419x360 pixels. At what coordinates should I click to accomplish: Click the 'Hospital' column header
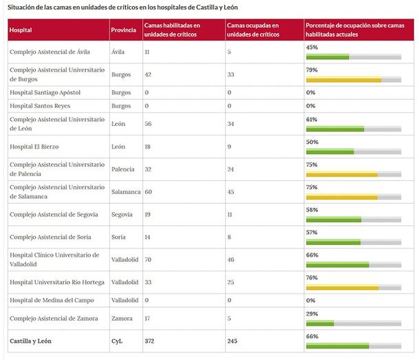click(x=21, y=30)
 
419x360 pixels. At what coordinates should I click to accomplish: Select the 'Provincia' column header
click(x=123, y=30)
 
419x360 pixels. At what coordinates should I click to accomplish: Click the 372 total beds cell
click(x=151, y=341)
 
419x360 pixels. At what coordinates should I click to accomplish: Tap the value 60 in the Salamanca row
click(x=148, y=191)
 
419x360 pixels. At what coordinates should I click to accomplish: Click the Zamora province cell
click(x=122, y=319)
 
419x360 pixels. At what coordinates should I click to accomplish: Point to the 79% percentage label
click(x=312, y=70)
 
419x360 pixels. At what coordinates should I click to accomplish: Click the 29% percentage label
click(x=312, y=314)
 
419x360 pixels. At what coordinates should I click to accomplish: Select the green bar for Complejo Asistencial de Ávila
click(x=327, y=56)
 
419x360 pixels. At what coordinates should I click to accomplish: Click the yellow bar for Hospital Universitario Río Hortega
click(x=342, y=288)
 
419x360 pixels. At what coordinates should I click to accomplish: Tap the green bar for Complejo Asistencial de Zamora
click(x=320, y=323)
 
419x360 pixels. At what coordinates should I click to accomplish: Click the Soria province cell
click(x=119, y=237)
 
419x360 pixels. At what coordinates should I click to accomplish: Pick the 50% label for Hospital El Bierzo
click(x=312, y=142)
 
